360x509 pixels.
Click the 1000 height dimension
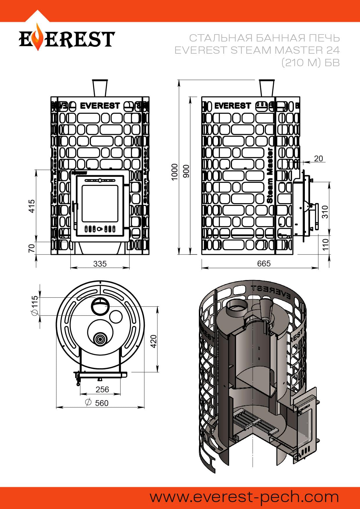[174, 172]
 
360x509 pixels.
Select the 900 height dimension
[186, 171]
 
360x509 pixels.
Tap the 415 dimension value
[32, 206]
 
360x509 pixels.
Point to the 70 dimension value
[32, 248]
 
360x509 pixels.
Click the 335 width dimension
[100, 264]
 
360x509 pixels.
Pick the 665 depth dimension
[264, 263]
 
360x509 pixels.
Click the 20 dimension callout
[318, 158]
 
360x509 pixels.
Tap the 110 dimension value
[325, 245]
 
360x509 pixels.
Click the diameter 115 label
[34, 306]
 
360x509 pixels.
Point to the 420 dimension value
[154, 341]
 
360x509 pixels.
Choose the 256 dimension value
[102, 389]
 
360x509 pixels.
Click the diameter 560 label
[97, 403]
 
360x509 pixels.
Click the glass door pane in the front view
[100, 203]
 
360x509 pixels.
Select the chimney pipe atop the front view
[100, 88]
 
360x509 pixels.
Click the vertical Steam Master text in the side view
[269, 175]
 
